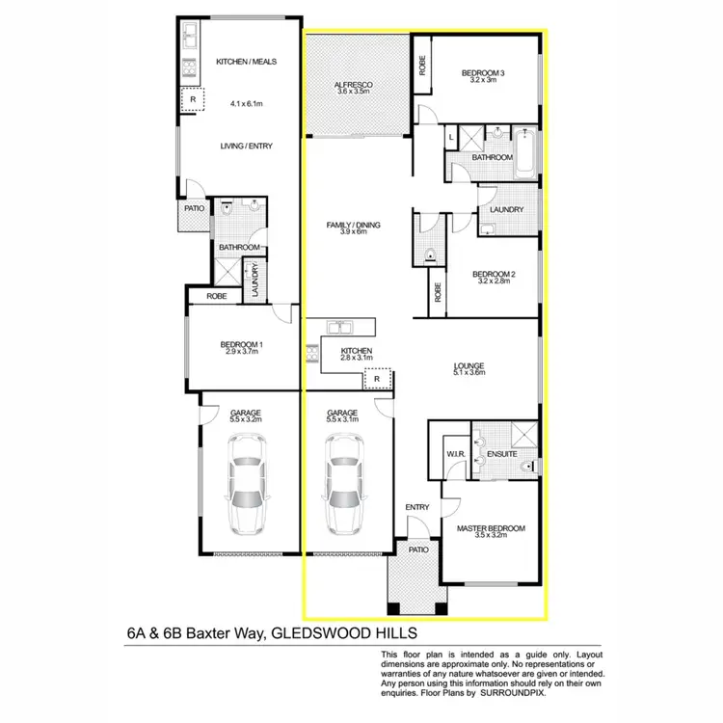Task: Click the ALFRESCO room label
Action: click(352, 85)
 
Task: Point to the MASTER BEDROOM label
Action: click(492, 528)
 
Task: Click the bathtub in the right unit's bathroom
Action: click(525, 154)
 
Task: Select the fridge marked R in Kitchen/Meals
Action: click(193, 98)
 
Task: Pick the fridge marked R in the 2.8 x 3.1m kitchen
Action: click(378, 380)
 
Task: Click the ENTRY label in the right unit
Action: click(417, 507)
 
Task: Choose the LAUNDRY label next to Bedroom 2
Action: click(506, 209)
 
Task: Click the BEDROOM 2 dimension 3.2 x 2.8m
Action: click(495, 283)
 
